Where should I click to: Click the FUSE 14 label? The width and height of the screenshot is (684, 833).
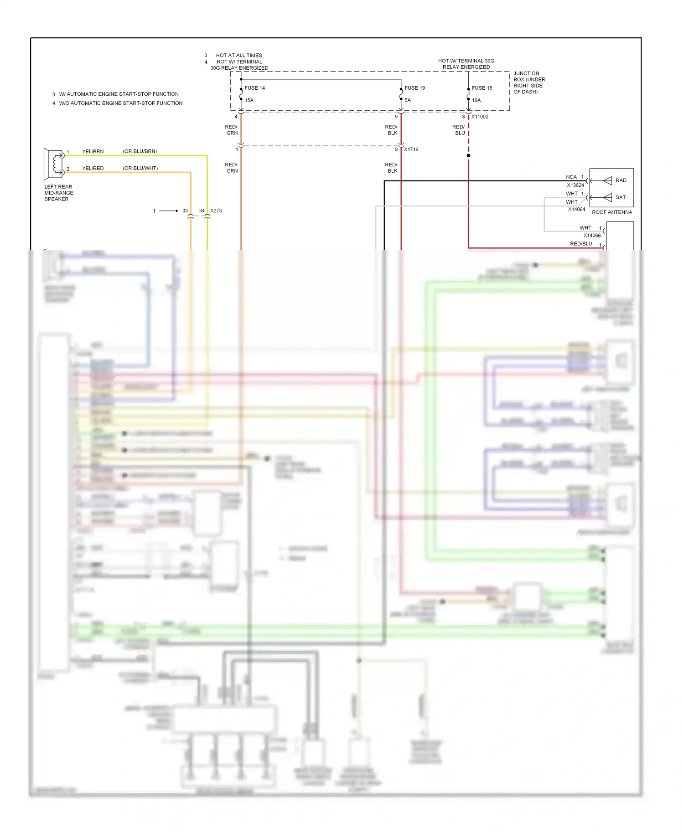coord(254,88)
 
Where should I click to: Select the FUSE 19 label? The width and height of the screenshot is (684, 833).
coord(415,88)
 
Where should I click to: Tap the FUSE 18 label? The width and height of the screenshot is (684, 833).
coord(482,88)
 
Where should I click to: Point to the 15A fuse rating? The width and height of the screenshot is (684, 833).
coord(249,100)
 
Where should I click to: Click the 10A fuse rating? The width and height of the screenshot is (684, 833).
coord(476,100)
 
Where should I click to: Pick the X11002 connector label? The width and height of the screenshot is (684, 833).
coord(480,117)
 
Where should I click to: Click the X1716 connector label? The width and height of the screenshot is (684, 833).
coord(411,149)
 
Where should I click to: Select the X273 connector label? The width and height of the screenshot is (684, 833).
coord(216,211)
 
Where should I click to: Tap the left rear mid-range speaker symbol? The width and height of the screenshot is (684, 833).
coord(53,164)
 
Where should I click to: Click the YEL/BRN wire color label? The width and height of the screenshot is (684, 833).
coord(93,151)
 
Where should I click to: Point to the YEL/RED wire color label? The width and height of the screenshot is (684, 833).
coord(93,168)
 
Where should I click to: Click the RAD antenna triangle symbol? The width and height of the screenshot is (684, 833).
coord(607,181)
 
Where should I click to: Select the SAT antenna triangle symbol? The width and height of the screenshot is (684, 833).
coord(607,197)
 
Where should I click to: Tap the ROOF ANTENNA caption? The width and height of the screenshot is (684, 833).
coord(612,212)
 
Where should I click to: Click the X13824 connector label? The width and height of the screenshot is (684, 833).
coord(575,185)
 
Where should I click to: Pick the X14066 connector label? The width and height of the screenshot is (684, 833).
coord(592,236)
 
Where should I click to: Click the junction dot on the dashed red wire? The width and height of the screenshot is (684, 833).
coord(468,156)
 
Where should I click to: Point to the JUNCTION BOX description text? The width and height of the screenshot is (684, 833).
coord(529,82)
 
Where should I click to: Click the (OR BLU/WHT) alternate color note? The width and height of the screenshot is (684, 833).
coord(140,168)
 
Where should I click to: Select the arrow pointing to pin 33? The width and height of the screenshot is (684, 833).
coord(169,211)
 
